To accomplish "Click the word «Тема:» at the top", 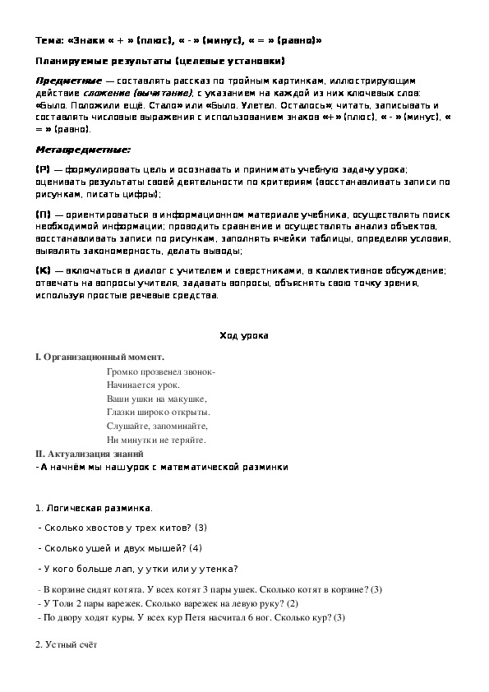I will pos(49,39).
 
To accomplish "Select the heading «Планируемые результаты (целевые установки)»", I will pos(160,61).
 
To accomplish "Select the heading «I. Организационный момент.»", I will pos(99,357).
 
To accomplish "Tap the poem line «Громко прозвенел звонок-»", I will pos(161,372).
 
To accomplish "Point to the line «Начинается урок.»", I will pos(143,385).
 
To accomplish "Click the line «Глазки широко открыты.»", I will pos(158,412).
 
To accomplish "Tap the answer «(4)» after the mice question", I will pos(195,547).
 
